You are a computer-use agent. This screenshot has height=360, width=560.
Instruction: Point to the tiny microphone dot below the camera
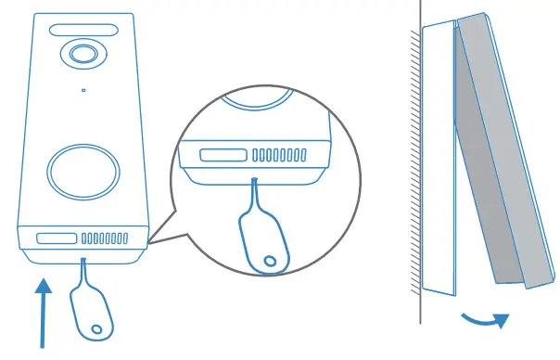[83, 90]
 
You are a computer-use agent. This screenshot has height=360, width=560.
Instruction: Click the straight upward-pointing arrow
[43, 307]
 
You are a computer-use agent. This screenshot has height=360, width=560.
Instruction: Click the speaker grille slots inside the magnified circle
[281, 153]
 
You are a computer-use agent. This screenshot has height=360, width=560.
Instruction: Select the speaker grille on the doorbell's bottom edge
[105, 239]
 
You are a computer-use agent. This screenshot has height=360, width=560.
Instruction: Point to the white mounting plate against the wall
[438, 158]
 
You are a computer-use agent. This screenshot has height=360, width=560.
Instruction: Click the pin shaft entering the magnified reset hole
[253, 190]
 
